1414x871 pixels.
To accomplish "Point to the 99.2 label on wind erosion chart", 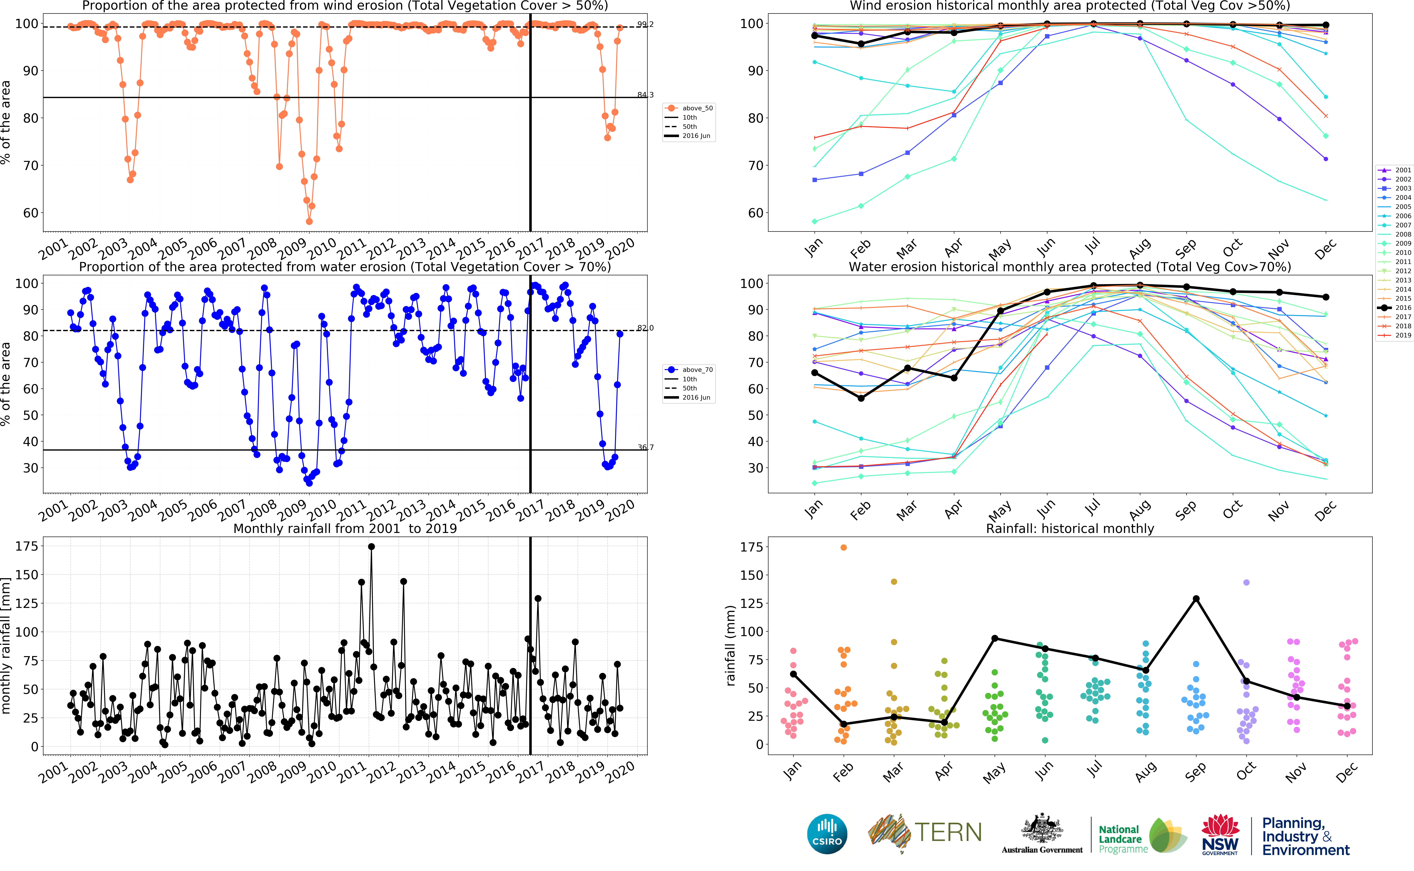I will click(645, 25).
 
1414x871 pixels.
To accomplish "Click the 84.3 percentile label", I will click(645, 95).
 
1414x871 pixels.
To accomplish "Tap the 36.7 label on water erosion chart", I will click(645, 448).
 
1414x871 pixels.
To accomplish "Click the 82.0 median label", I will click(645, 328).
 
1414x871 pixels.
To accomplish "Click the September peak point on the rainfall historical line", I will click(1196, 599).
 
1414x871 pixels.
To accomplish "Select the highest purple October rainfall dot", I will click(1246, 582).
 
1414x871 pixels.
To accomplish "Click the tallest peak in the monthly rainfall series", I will click(372, 547).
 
